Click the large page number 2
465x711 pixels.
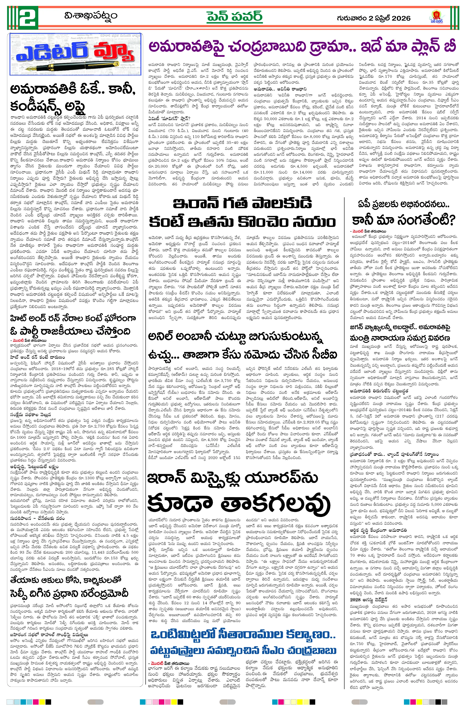pyautogui.click(x=29, y=17)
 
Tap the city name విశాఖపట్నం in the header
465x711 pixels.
pyautogui.click(x=91, y=16)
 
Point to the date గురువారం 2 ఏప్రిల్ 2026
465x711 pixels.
pyautogui.click(x=373, y=18)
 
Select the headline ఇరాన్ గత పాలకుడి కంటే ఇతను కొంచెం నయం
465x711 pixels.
pyautogui.click(x=242, y=213)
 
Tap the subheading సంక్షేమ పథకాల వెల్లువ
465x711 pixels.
pyautogui.click(x=31, y=414)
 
